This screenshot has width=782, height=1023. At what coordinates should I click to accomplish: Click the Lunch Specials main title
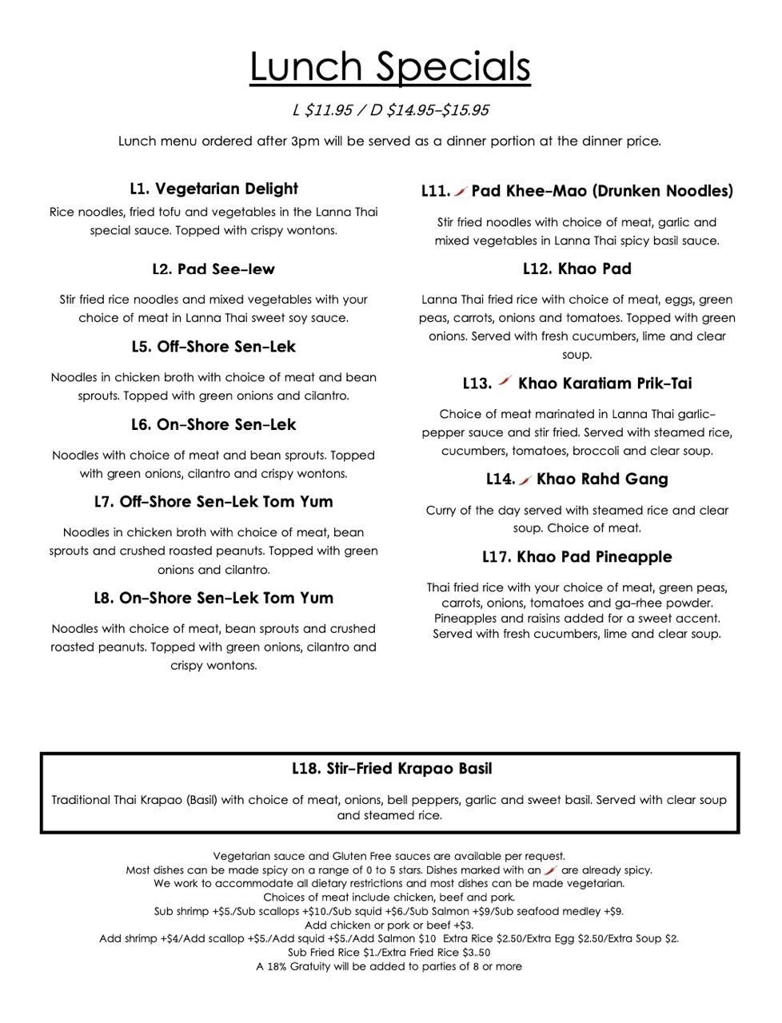tap(390, 67)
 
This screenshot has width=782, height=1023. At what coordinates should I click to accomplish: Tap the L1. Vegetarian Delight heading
tap(213, 189)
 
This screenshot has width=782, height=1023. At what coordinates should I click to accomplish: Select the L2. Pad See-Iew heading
tap(213, 269)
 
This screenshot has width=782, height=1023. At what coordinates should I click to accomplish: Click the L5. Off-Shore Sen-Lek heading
tap(213, 347)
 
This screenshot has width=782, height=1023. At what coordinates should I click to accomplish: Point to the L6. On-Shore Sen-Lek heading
tap(213, 424)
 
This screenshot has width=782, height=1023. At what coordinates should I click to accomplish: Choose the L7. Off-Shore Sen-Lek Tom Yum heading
tap(213, 502)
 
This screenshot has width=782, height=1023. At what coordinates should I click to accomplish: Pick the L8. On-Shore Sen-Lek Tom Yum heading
tap(213, 598)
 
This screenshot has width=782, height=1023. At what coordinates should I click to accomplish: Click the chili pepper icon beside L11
tap(461, 191)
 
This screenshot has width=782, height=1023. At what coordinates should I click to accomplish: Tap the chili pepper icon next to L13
tap(504, 382)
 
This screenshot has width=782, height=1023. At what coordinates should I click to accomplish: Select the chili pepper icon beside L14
tap(525, 480)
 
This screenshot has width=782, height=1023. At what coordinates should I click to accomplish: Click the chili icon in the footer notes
tap(550, 870)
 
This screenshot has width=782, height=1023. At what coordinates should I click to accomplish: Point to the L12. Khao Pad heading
tap(577, 269)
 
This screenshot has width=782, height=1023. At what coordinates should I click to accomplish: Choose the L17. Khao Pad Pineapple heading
tap(577, 557)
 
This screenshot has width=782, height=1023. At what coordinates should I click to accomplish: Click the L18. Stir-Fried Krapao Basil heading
tap(391, 769)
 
